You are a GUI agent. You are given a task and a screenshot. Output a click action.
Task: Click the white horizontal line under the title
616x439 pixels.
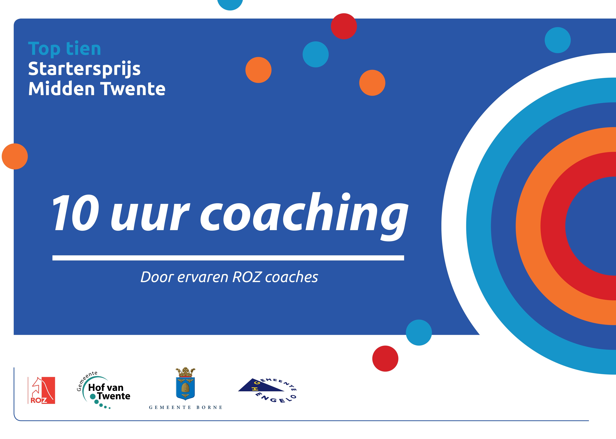click(x=228, y=258)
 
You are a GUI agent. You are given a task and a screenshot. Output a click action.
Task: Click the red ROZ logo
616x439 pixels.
click(x=41, y=390)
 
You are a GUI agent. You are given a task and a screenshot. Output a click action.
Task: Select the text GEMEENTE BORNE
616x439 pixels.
click(x=186, y=407)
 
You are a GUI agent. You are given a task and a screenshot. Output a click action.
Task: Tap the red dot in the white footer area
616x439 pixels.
click(x=385, y=358)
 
